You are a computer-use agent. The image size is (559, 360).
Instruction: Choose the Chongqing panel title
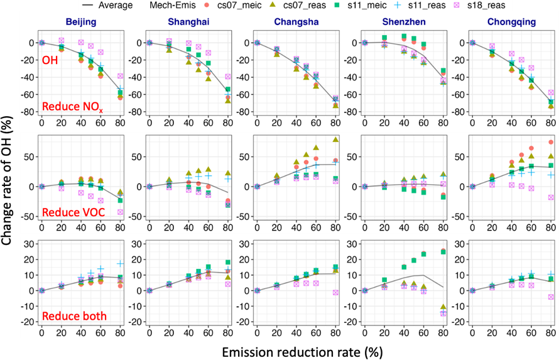click(507, 23)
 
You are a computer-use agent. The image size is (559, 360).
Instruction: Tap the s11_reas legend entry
click(455, 6)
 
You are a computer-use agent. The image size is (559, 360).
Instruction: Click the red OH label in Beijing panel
click(51, 60)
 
